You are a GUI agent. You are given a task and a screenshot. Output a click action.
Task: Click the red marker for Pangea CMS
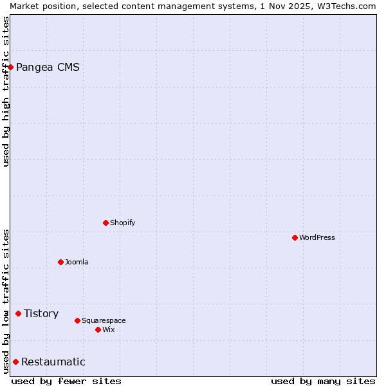[10, 67]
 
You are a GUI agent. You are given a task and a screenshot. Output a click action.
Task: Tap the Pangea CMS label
[48, 67]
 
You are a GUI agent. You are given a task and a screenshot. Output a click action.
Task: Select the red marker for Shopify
[106, 223]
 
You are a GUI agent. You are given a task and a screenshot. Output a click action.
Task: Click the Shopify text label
[122, 223]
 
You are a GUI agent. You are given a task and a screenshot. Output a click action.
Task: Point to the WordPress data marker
[295, 237]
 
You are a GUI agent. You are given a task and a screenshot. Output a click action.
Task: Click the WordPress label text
[317, 237]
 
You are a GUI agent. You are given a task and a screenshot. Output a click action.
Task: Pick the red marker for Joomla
[60, 262]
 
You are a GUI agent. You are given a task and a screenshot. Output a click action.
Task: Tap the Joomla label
[77, 262]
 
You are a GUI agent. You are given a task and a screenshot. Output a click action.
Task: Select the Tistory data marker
[18, 313]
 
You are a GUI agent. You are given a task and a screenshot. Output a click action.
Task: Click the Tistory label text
[41, 313]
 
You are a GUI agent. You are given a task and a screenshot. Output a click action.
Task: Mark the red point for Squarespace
[77, 320]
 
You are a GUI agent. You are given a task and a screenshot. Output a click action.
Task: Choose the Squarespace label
[104, 320]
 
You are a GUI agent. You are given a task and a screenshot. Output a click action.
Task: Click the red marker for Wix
[98, 329]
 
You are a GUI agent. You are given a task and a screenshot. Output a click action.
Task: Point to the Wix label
[108, 329]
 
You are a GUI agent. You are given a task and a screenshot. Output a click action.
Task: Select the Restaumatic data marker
[15, 362]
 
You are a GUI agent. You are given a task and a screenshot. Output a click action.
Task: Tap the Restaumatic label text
[53, 362]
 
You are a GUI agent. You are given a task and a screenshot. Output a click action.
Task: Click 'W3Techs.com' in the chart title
[351, 6]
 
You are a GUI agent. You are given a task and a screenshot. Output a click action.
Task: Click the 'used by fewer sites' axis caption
[66, 381]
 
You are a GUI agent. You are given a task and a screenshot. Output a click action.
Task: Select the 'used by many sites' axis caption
[323, 381]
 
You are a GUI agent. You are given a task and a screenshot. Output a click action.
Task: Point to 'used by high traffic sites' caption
[6, 91]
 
